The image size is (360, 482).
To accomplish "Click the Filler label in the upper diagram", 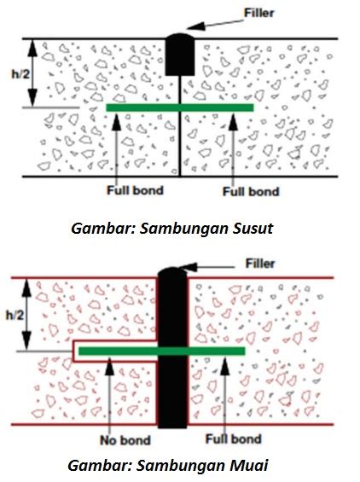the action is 258,13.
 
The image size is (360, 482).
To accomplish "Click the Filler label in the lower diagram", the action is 260,264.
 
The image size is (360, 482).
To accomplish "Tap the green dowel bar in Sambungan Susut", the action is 180,107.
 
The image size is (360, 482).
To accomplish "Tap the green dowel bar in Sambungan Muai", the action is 162,351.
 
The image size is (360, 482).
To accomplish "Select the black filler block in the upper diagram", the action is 180,55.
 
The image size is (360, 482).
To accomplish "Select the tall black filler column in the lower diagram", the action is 172,348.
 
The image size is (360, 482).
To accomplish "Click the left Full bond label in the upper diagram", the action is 135,190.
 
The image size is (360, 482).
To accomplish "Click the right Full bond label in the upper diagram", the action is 251,191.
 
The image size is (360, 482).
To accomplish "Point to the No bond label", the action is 125,440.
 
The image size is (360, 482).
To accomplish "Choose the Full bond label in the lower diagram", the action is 234,438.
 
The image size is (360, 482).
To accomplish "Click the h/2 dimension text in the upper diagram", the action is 20,73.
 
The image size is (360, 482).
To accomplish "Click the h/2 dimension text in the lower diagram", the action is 15,315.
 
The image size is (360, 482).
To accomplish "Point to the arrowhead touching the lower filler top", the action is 189,267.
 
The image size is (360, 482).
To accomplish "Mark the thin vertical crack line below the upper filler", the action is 180,126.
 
